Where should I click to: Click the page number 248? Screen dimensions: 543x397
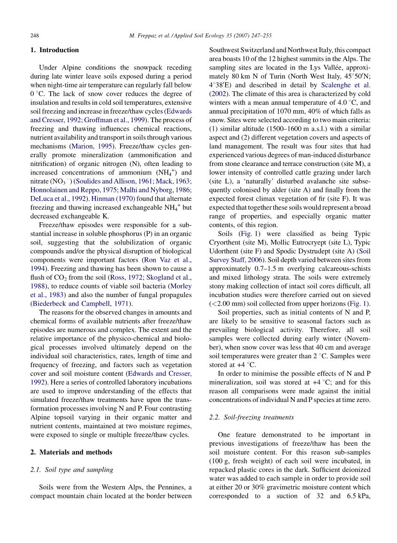click(34, 35)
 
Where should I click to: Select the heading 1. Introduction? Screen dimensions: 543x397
click(54, 50)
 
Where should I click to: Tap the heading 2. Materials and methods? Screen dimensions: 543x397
click(71, 452)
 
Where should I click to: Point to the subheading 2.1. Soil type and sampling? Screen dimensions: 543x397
click(72, 470)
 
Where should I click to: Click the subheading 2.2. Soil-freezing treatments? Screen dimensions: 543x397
click(252, 417)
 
